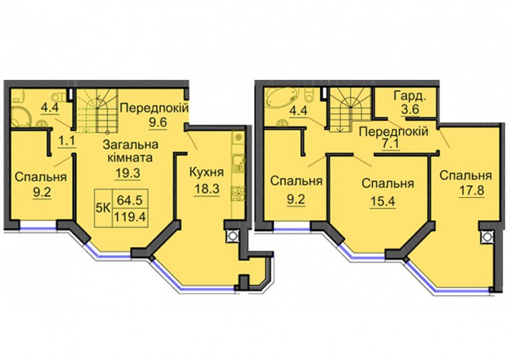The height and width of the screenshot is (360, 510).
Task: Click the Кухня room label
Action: pyautogui.click(x=207, y=172)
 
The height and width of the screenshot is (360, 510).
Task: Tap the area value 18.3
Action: pyautogui.click(x=207, y=189)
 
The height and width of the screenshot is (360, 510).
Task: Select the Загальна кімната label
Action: pyautogui.click(x=131, y=151)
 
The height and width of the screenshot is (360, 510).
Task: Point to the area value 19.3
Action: pyautogui.click(x=127, y=173)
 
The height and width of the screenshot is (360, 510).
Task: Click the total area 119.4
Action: pyautogui.click(x=130, y=216)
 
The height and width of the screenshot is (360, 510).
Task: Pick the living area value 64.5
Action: pyautogui.click(x=130, y=199)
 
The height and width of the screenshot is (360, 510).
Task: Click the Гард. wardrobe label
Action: pyautogui.click(x=410, y=96)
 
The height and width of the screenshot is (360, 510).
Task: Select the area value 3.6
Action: pyautogui.click(x=410, y=109)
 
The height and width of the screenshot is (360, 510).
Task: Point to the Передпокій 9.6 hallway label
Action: pyautogui.click(x=154, y=114)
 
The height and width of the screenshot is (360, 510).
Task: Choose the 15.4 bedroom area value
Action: pyautogui.click(x=382, y=202)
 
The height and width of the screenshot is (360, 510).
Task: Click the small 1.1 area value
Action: pyautogui.click(x=67, y=141)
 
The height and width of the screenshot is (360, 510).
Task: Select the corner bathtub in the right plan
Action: pyautogui.click(x=282, y=98)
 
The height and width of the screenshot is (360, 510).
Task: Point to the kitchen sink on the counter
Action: pyautogui.click(x=238, y=163)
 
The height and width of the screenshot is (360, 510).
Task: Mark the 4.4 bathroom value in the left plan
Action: pyautogui.click(x=50, y=107)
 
